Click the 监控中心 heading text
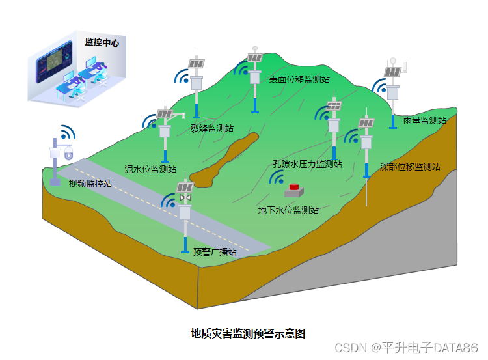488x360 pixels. coord(102,42)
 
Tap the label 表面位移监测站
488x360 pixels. coord(299,79)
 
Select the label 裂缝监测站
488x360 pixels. coord(212,128)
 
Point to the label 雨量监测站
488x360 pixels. coord(424,120)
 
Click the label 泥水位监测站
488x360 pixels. coord(150,169)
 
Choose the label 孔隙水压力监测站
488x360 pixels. coord(307,164)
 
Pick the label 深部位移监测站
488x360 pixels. coord(410,167)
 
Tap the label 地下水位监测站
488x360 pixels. coord(288,210)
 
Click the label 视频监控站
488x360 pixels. coord(90,184)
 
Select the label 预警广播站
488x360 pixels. coord(215,252)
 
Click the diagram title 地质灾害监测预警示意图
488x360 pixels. coord(248,333)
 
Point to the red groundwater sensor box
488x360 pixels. coord(294,188)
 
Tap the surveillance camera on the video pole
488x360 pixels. coord(68,154)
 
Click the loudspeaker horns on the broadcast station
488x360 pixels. coord(185,197)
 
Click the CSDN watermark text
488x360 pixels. coord(406,348)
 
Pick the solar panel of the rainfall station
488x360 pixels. coord(392,72)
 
